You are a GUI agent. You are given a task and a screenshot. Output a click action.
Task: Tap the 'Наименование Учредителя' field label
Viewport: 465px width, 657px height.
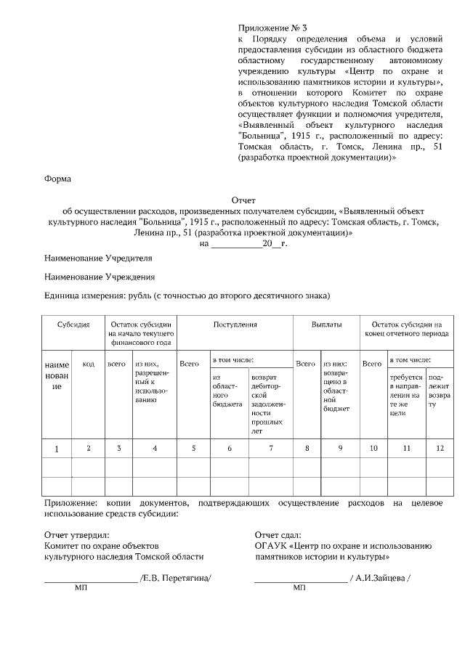(98, 258)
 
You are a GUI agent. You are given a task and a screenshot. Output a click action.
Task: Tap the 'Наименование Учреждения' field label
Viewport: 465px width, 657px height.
(99, 277)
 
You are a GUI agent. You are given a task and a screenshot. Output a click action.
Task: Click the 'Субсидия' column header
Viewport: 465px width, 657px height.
(73, 325)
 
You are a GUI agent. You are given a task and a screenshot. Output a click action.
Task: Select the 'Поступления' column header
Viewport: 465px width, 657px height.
(235, 325)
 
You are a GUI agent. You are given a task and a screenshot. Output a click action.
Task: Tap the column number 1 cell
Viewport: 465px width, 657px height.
(57, 449)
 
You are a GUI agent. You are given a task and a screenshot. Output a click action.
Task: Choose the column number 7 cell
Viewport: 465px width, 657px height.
(270, 449)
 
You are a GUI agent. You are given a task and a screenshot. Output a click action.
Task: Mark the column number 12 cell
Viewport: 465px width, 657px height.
(439, 449)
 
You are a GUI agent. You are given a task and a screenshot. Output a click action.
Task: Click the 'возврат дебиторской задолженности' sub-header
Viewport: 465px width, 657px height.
(268, 404)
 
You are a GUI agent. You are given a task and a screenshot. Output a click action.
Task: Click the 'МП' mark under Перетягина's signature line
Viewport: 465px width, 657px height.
(81, 588)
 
